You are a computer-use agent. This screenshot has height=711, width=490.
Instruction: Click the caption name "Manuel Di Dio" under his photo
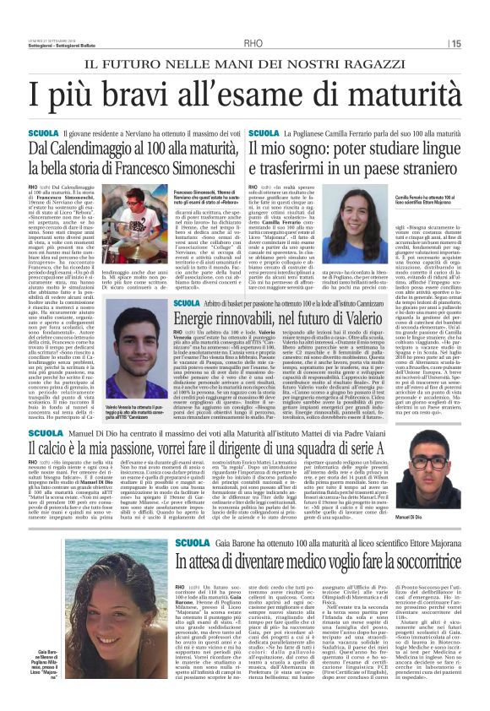(x=444, y=517)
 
